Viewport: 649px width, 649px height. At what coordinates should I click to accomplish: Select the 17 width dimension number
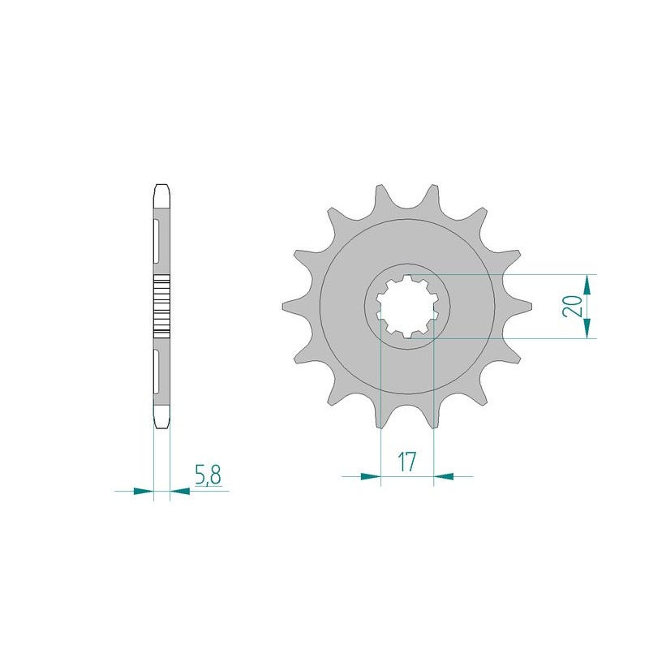(407, 463)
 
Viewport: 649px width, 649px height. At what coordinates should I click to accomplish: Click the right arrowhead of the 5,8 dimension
(180, 491)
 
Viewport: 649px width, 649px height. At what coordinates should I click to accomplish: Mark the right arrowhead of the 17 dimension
(444, 476)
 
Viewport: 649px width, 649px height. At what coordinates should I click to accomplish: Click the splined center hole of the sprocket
(407, 306)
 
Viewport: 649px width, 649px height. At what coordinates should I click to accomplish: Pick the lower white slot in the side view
(155, 372)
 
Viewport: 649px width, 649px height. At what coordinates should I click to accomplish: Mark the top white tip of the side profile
(162, 194)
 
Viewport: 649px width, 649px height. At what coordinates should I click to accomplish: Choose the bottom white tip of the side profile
(162, 419)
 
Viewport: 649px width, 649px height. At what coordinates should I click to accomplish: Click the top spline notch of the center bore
(407, 278)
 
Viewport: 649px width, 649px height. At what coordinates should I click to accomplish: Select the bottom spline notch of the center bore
(407, 333)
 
